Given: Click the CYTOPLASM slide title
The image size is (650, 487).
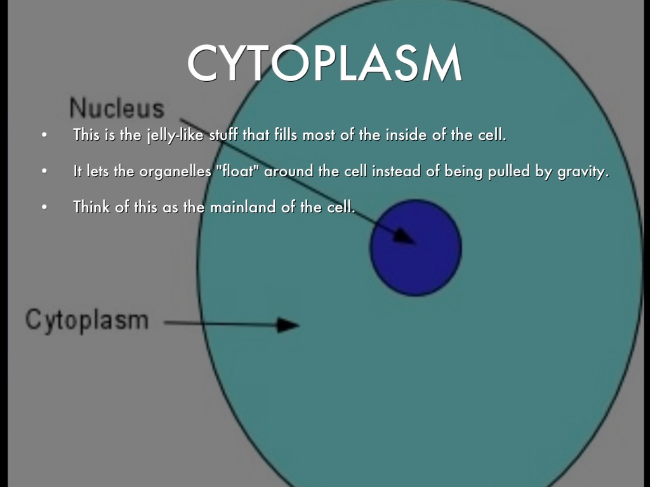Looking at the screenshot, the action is [x=324, y=63].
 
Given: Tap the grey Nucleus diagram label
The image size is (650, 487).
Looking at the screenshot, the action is [x=117, y=108].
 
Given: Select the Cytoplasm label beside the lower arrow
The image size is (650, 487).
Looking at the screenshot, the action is [x=86, y=320].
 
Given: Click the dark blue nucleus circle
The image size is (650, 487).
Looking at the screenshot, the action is [x=416, y=248].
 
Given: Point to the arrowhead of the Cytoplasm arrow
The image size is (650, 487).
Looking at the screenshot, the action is [x=288, y=325].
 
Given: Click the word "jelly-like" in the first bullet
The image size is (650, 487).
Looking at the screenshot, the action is [x=175, y=135].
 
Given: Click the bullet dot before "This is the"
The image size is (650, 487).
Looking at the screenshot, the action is [x=44, y=135].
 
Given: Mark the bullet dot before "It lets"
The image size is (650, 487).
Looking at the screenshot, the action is [x=44, y=171].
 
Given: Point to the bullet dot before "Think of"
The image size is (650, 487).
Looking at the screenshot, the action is [x=44, y=207].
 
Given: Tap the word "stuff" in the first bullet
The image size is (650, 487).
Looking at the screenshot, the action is [x=223, y=134].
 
